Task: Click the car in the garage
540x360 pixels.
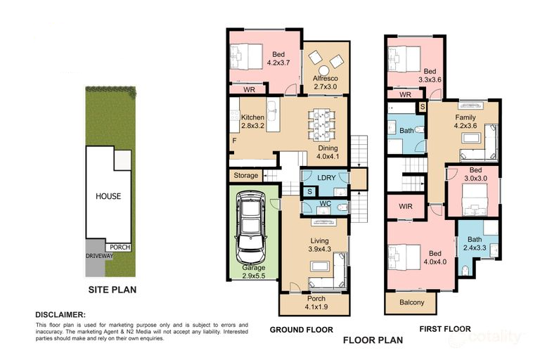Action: (x=250, y=228)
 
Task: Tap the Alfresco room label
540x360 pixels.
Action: (x=326, y=79)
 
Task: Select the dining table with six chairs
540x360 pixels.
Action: (x=321, y=124)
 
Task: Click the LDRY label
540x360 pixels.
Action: (x=326, y=178)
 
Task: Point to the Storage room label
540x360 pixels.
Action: (x=246, y=176)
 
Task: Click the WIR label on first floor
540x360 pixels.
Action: (x=405, y=206)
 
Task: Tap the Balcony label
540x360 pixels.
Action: (x=411, y=302)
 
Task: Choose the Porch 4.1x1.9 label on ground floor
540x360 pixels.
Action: (x=316, y=303)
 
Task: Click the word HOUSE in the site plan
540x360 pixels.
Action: (x=108, y=196)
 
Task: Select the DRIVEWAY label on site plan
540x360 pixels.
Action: (x=99, y=256)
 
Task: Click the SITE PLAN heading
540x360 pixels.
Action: (x=112, y=290)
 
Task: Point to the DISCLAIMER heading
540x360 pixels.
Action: (x=60, y=315)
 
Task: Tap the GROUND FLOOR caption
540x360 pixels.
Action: (x=302, y=330)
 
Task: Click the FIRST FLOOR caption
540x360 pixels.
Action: (x=445, y=329)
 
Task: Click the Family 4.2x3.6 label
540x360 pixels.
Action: (x=465, y=122)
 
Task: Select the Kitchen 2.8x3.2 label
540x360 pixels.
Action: (x=253, y=122)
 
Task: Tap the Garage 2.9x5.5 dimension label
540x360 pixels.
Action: (x=253, y=272)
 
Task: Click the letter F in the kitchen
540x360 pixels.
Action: (x=234, y=141)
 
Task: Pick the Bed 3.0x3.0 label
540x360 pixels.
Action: (x=475, y=174)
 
